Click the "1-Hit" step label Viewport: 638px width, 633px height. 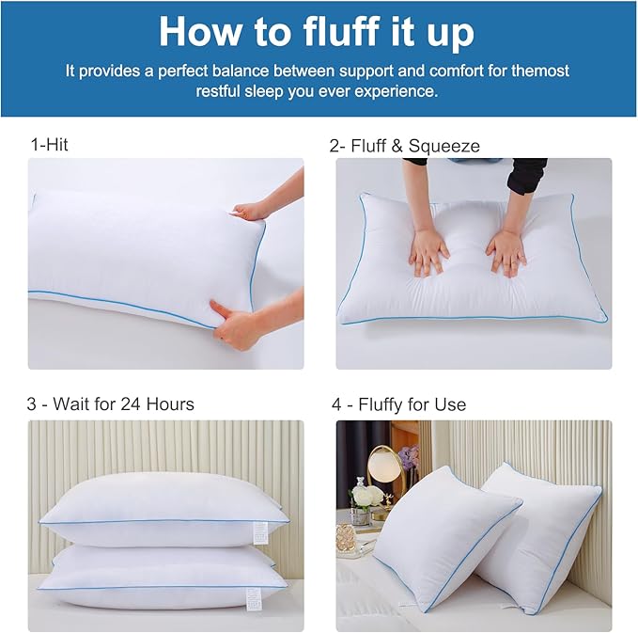(x=49, y=145)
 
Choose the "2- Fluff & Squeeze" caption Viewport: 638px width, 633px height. (x=404, y=146)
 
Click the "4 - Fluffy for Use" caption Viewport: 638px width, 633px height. (x=398, y=404)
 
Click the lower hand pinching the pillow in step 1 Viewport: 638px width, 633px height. (x=235, y=324)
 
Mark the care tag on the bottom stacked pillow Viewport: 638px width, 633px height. (x=251, y=595)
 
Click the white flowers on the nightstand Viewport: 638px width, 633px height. (x=364, y=495)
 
